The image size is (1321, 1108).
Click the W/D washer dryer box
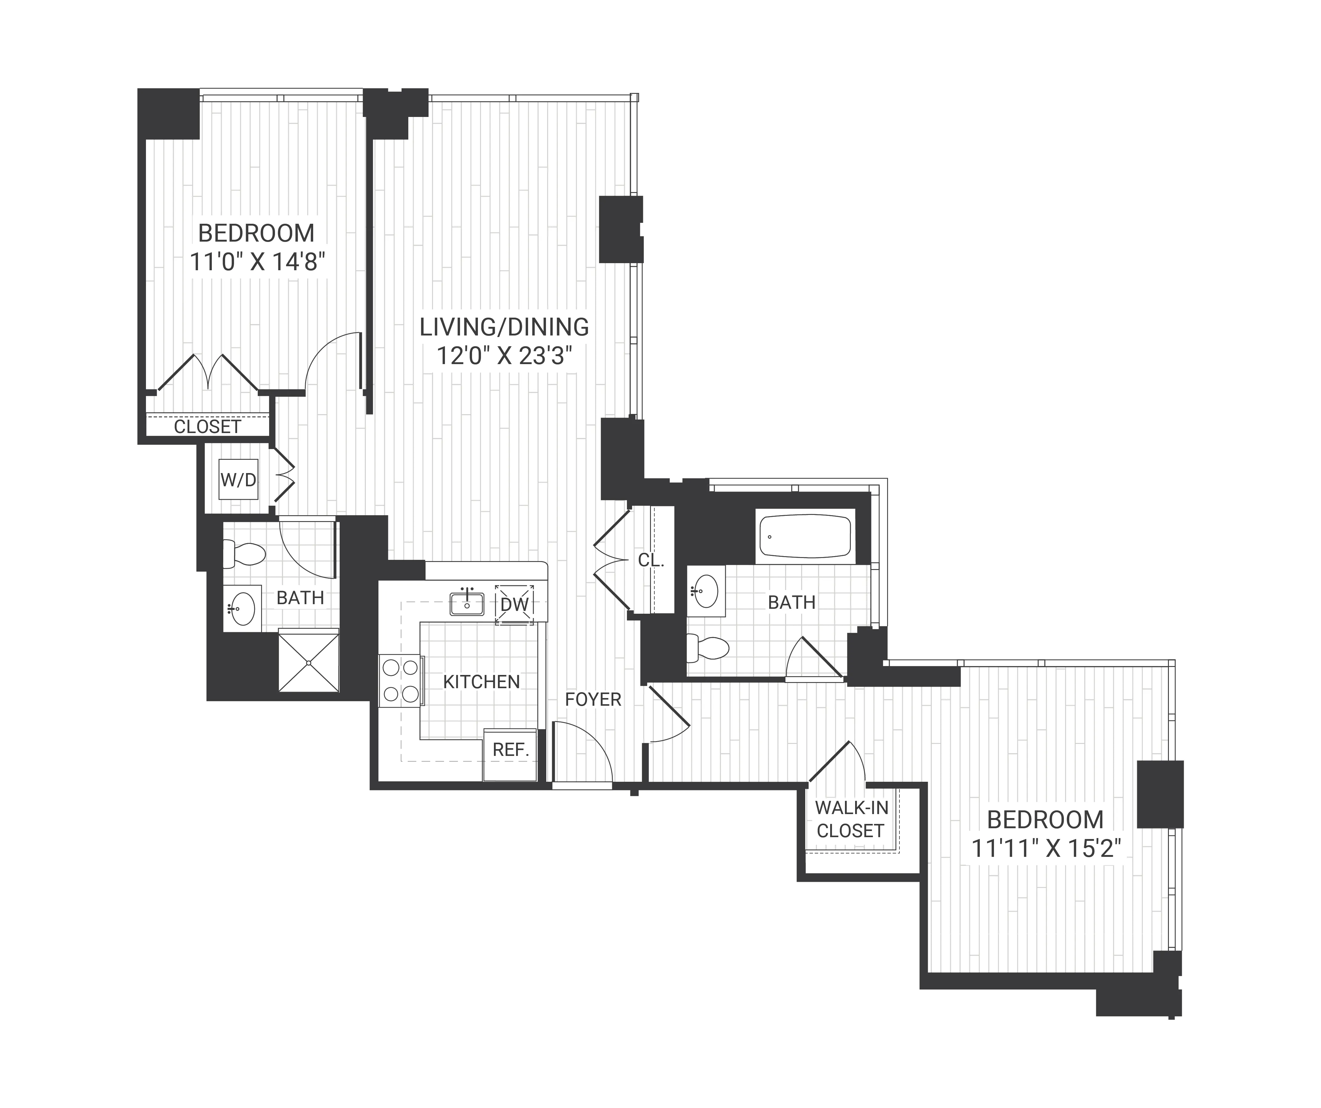[238, 480]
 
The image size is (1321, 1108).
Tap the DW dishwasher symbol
[515, 604]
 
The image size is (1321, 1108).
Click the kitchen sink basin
[467, 604]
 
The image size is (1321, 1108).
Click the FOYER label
[592, 699]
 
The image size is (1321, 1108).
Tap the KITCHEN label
[481, 682]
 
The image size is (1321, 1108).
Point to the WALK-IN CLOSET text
[851, 819]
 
